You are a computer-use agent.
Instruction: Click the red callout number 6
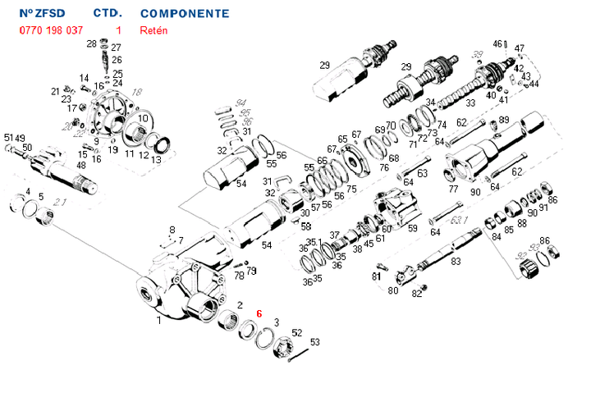(x=259, y=313)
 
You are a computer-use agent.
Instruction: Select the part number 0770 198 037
(x=50, y=30)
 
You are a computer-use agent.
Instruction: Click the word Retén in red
(x=153, y=30)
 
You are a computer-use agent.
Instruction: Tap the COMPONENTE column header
(x=185, y=14)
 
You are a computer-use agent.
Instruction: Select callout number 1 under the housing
(x=159, y=321)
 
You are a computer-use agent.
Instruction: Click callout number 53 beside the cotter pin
(x=314, y=342)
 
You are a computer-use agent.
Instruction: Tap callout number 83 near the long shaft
(x=456, y=260)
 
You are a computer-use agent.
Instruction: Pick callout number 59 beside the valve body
(x=413, y=229)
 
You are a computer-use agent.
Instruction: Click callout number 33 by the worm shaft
(x=470, y=103)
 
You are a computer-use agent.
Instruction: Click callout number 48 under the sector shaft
(x=81, y=166)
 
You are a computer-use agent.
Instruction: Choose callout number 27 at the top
(x=116, y=48)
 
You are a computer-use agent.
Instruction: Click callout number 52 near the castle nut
(x=297, y=332)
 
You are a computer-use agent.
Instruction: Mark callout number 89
(x=503, y=120)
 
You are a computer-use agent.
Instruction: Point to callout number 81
(x=376, y=276)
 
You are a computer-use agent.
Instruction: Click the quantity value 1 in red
(x=119, y=30)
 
